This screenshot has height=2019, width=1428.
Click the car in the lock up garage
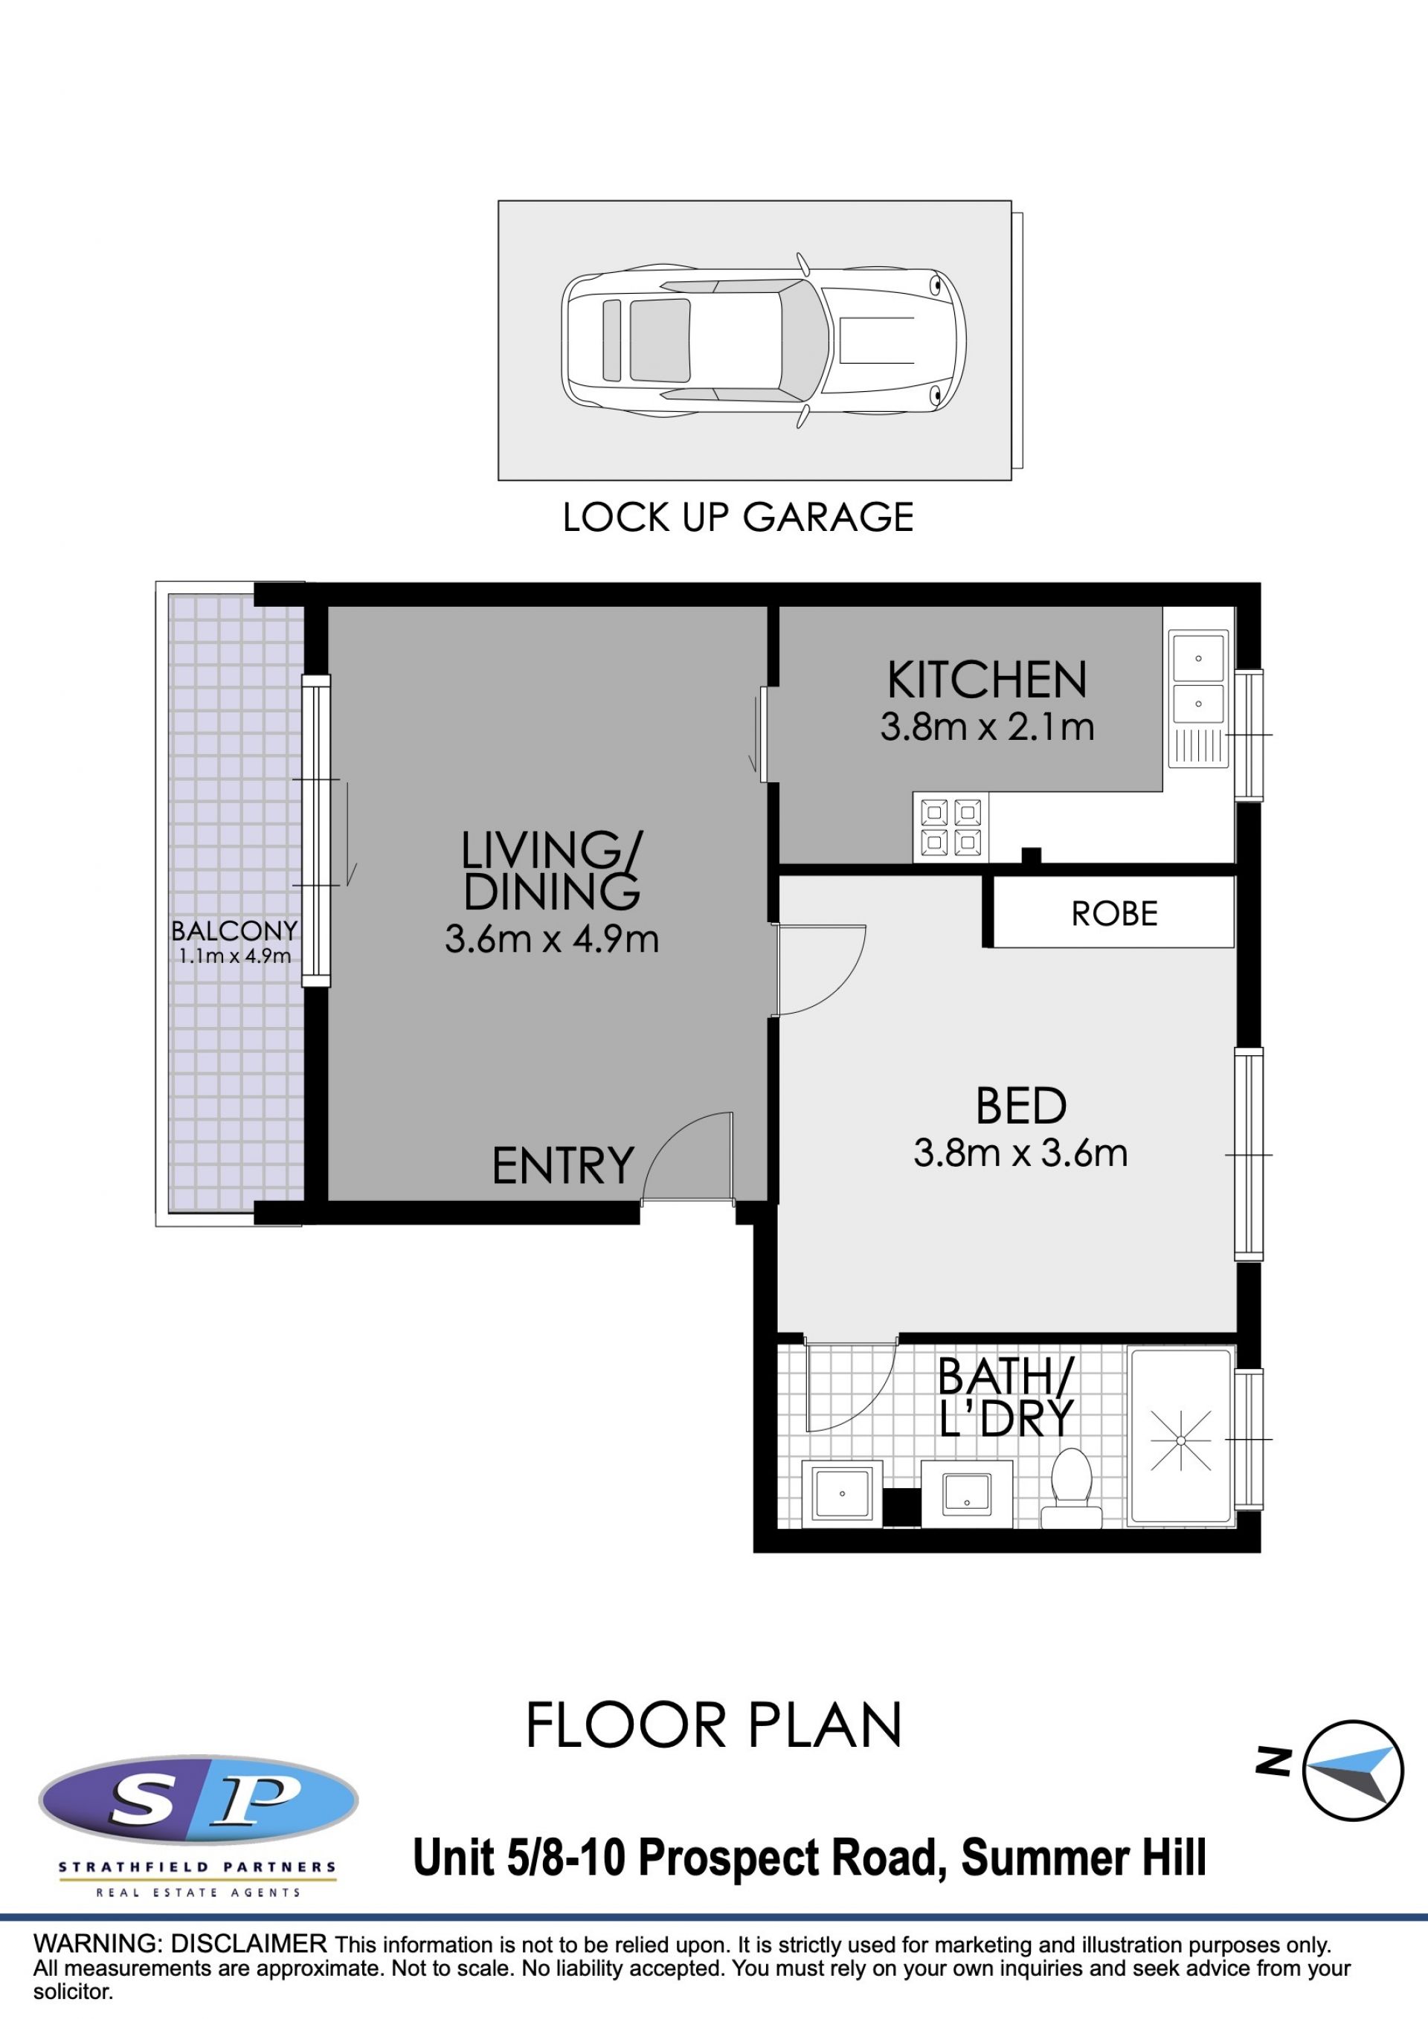click(x=763, y=341)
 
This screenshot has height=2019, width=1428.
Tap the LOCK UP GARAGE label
click(x=738, y=517)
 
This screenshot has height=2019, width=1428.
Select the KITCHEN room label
click(x=987, y=680)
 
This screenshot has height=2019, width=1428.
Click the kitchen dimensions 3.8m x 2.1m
click(x=987, y=727)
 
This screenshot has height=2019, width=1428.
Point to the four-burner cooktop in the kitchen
click(x=951, y=827)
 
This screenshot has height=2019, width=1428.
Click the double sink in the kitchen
click(x=1198, y=698)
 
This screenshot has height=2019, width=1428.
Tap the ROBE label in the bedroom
click(x=1114, y=915)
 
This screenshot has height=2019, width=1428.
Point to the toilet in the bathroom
click(x=1071, y=1481)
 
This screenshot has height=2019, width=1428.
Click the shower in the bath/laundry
click(x=1181, y=1436)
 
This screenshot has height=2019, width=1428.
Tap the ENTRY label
click(x=563, y=1166)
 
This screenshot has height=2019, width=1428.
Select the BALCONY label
click(x=234, y=930)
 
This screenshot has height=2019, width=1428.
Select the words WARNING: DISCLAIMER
click(x=180, y=1942)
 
